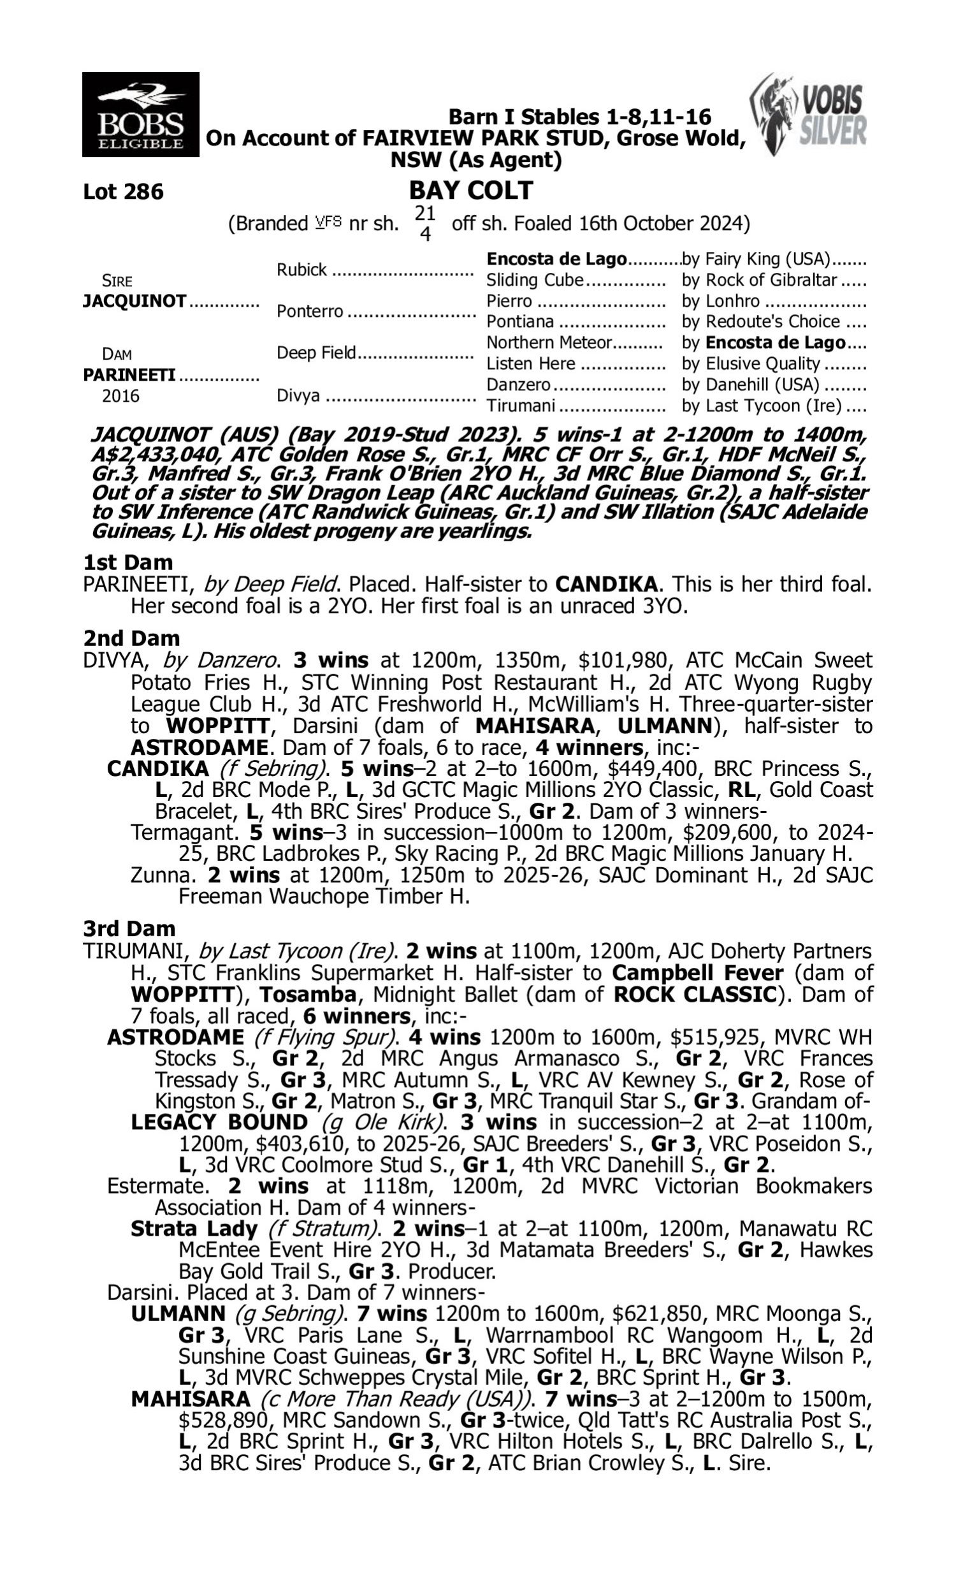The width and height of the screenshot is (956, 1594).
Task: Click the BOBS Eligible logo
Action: (140, 114)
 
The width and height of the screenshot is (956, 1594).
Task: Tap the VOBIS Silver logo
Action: (809, 114)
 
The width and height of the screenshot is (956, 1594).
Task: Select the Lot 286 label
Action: (123, 191)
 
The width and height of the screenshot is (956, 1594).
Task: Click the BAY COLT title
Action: (471, 190)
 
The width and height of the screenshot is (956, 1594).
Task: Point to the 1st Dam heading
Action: (127, 562)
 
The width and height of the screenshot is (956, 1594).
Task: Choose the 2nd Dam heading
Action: (131, 638)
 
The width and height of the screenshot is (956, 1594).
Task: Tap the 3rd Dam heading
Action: (129, 928)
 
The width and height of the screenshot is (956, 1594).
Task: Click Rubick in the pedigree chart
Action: (301, 269)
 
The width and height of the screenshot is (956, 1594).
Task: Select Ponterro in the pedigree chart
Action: (310, 311)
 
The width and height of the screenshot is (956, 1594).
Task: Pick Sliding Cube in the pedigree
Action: (535, 281)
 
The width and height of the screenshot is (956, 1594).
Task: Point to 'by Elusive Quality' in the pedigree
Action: (751, 363)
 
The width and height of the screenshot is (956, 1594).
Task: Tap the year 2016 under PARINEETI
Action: (120, 395)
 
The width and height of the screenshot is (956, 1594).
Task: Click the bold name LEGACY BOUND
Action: (219, 1122)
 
